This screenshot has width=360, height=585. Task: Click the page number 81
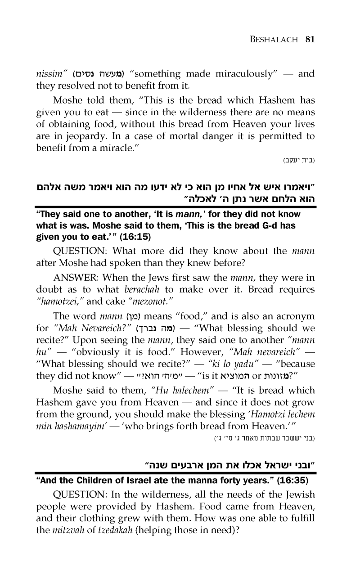(x=309, y=39)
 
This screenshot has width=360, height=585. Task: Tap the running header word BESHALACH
(x=269, y=40)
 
